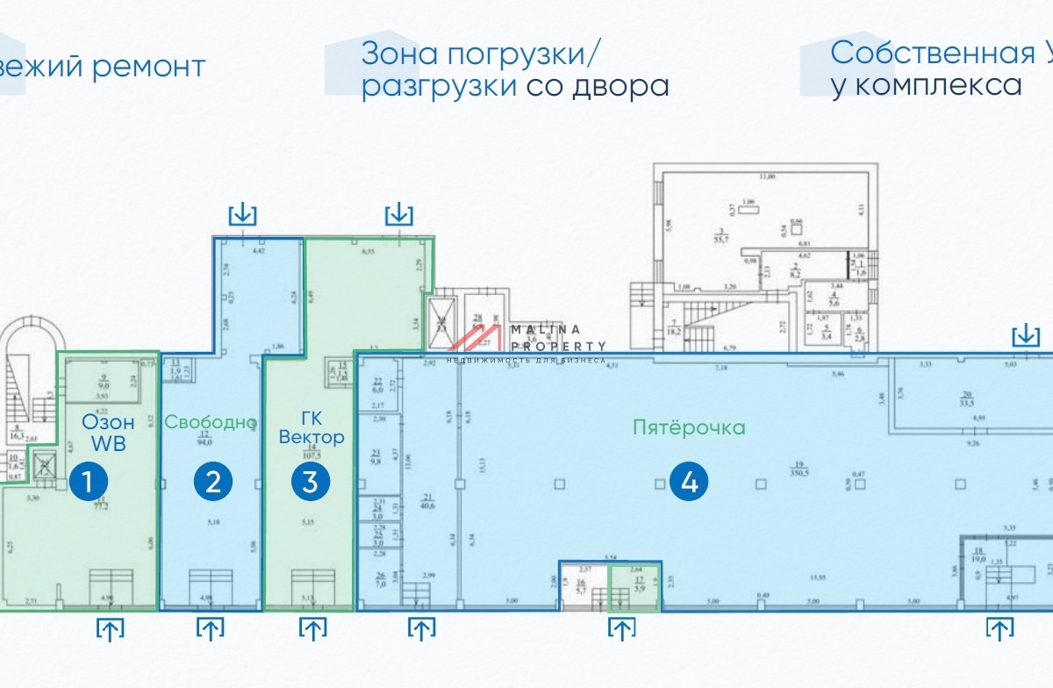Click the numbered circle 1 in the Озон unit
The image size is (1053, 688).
(93, 481)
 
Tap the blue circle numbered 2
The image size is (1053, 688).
(213, 481)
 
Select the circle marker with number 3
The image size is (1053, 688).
(312, 481)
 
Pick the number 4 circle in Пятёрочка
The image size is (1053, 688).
(690, 483)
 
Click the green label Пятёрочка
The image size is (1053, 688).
(689, 427)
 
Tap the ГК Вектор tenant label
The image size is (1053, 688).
(312, 427)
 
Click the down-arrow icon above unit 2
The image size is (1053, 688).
(242, 213)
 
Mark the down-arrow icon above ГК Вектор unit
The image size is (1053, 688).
(400, 213)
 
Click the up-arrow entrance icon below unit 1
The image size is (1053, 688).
(111, 628)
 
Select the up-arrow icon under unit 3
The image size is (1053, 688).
(312, 628)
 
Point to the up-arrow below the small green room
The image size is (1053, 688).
(622, 628)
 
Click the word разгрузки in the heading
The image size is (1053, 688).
(439, 86)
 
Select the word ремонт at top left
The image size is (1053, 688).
(149, 66)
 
